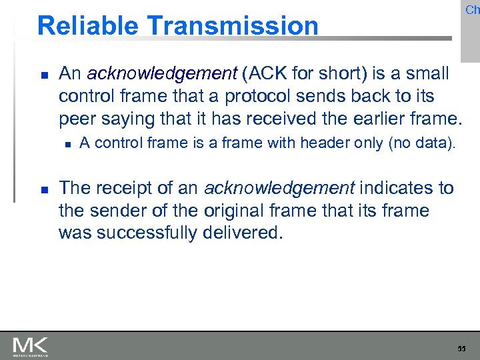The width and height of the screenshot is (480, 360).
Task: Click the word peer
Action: click(x=77, y=120)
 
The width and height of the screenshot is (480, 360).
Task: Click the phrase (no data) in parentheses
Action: click(x=422, y=143)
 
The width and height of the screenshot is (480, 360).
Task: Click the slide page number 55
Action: click(x=461, y=348)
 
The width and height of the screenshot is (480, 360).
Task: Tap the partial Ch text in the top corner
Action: click(x=472, y=9)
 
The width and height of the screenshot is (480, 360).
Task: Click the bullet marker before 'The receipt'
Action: click(x=43, y=189)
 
